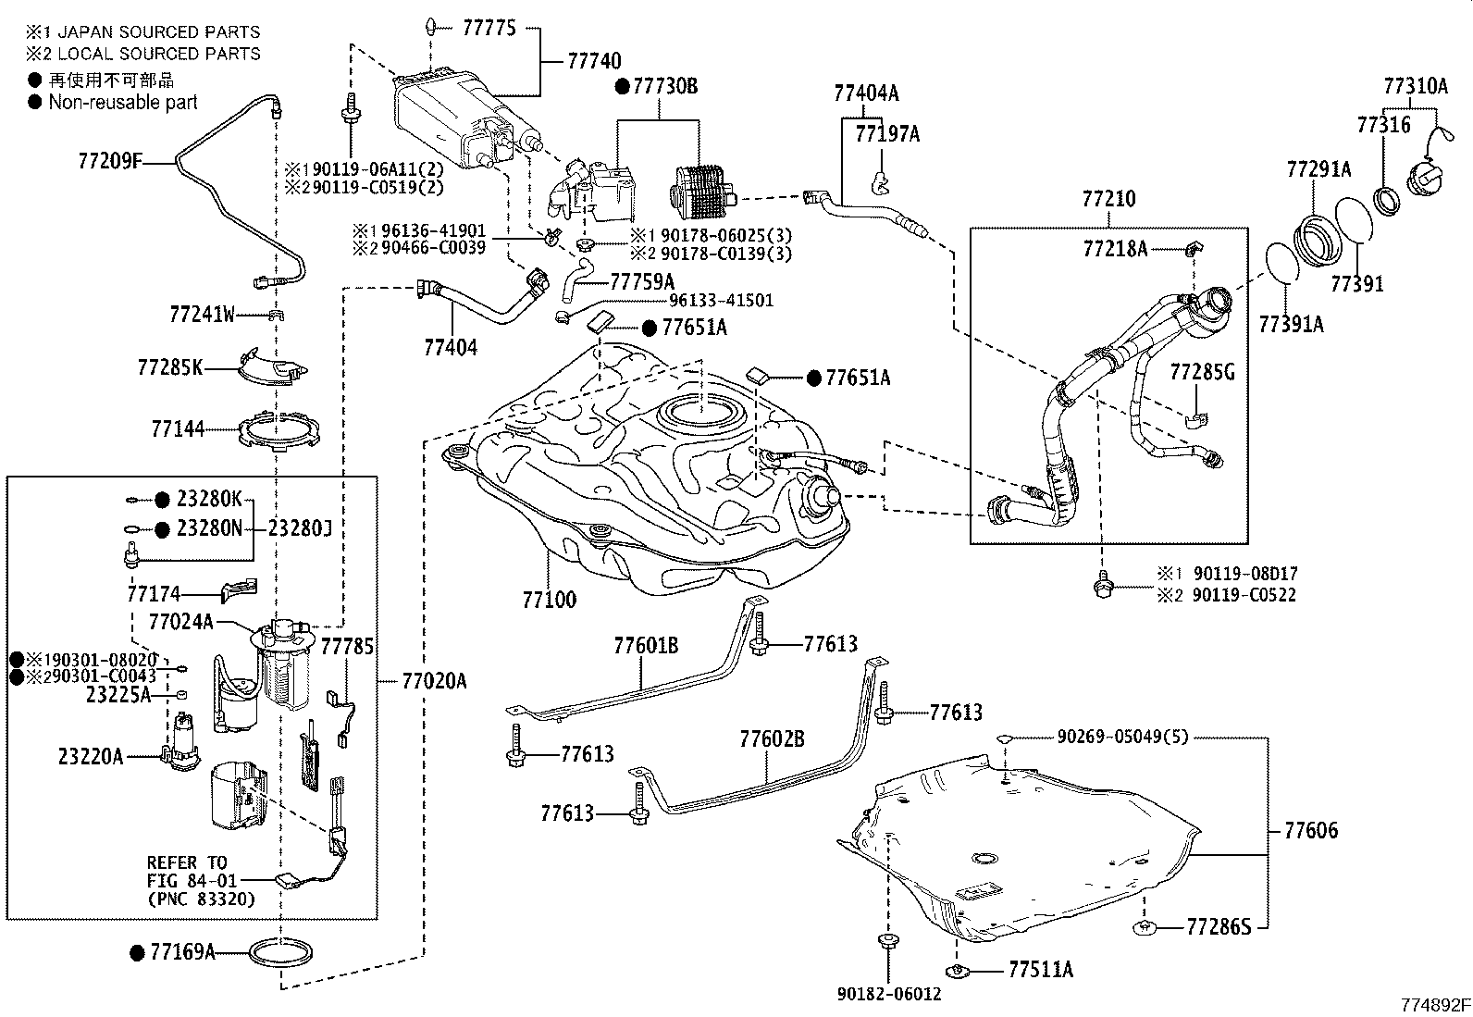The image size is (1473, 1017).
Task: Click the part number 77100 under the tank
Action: point(549,600)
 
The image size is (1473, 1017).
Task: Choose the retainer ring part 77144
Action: point(279,432)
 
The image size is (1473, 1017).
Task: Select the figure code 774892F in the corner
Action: point(1433,1004)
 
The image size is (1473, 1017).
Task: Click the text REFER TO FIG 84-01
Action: point(186,871)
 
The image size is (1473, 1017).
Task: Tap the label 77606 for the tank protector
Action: point(1310,830)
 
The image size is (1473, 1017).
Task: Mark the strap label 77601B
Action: point(645,645)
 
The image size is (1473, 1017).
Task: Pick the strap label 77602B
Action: point(772,739)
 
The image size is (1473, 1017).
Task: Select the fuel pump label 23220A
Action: point(90,756)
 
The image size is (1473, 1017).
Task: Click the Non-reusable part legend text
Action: point(123,103)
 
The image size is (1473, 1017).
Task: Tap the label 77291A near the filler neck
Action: point(1318,169)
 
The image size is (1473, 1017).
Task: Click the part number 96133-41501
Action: point(721,301)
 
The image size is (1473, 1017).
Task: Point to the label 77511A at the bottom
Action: point(1040,970)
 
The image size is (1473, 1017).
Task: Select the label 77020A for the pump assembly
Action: point(434,682)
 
